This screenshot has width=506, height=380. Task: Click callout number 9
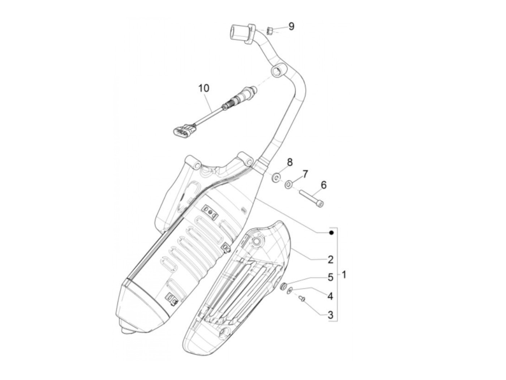pos(291,26)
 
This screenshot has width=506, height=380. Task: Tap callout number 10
pos(203,88)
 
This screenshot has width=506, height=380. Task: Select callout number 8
pos(290,163)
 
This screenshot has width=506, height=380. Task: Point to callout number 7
pos(305,174)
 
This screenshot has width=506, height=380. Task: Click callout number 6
pos(323,185)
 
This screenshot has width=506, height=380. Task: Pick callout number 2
pos(330,259)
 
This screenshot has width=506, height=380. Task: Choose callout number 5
pos(330,277)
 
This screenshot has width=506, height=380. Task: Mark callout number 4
pos(330,296)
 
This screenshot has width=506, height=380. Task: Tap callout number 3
pos(330,315)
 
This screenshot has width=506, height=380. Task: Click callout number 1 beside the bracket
pos(344,275)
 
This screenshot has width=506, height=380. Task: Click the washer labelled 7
pos(288,185)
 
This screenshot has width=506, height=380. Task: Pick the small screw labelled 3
pos(302,298)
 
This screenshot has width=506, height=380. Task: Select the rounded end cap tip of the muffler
pos(126,330)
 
